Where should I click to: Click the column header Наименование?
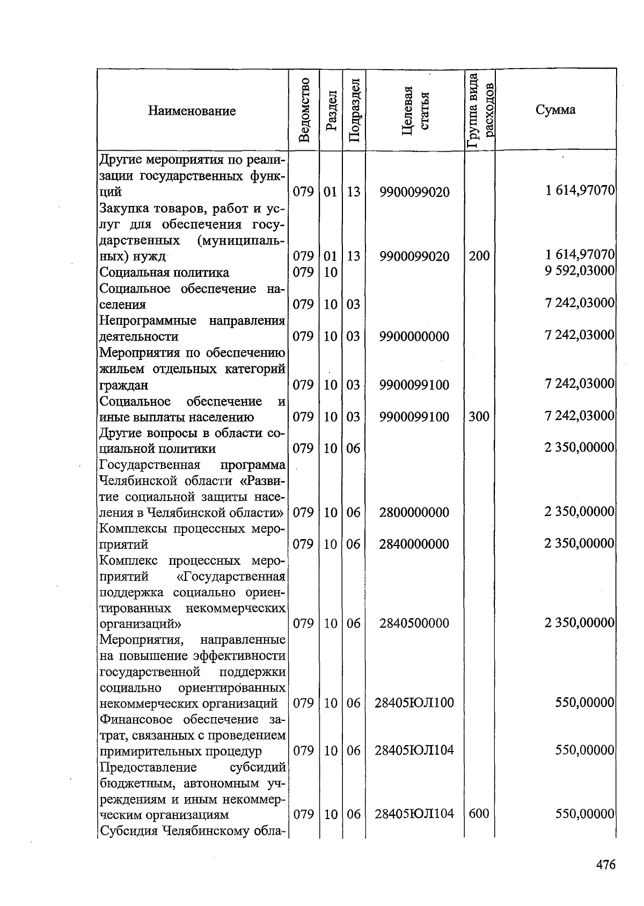tap(192, 111)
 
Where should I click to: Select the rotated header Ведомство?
tap(304, 110)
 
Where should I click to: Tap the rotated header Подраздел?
tap(354, 110)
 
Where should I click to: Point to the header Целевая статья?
tap(415, 110)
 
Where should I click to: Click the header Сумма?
tap(555, 110)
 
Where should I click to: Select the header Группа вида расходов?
tap(480, 110)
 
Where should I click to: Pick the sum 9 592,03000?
tap(579, 271)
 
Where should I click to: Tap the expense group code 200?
tap(479, 256)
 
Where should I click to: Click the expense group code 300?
tap(479, 416)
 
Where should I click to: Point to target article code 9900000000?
tap(414, 336)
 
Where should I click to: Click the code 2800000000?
tap(414, 512)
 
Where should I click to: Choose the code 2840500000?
tap(414, 623)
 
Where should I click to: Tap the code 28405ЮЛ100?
tap(414, 703)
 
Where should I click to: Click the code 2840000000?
tap(414, 544)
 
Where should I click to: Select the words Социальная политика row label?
tap(164, 272)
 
